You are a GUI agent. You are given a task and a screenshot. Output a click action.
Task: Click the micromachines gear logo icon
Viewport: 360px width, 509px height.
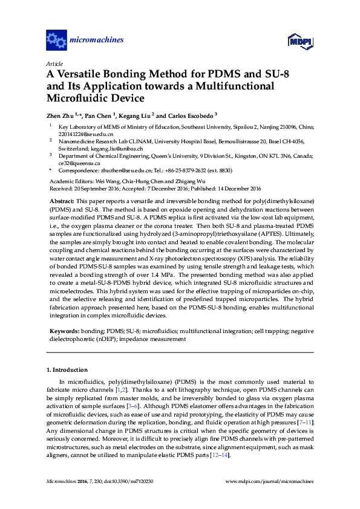[x=56, y=41]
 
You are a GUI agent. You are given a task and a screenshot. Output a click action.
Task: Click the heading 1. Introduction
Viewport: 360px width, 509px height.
[x=67, y=369]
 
